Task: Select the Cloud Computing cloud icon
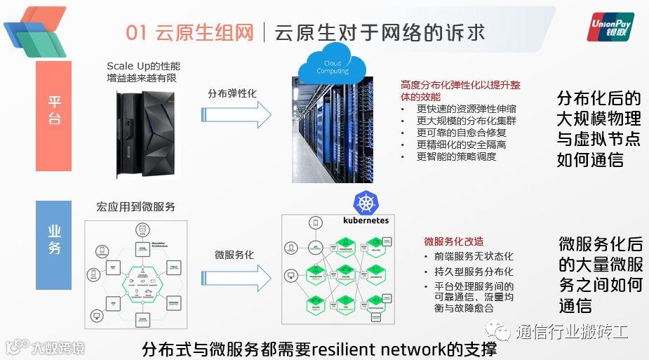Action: (x=333, y=68)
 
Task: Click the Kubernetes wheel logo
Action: (x=366, y=204)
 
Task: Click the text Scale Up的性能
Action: (x=144, y=66)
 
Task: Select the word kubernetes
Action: (x=365, y=220)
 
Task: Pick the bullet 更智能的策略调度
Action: (x=456, y=156)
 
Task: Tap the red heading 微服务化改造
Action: (x=453, y=241)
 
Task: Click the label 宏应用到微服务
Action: (x=136, y=207)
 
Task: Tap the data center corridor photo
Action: (x=342, y=130)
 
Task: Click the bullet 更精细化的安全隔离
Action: (x=461, y=145)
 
